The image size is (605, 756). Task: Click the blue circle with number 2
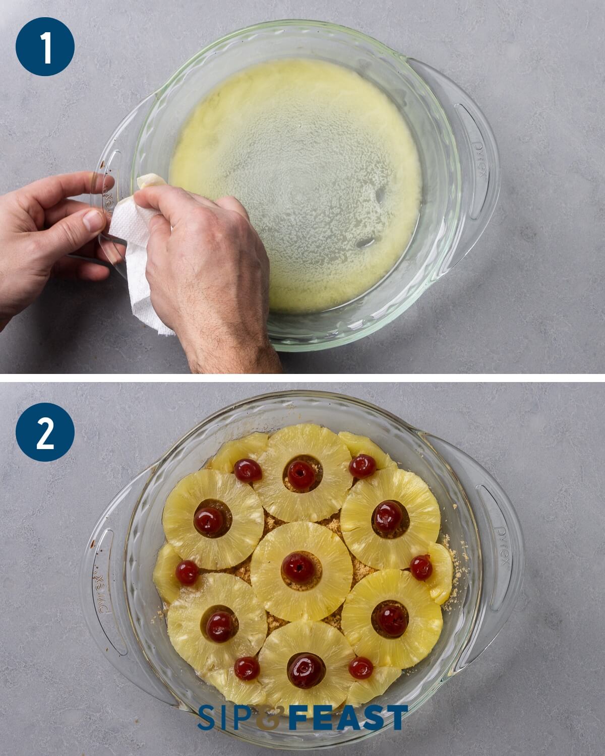(x=45, y=434)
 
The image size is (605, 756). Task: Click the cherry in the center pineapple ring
(x=298, y=565)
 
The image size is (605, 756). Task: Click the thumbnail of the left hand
(x=93, y=220)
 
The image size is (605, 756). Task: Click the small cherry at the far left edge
(x=187, y=572)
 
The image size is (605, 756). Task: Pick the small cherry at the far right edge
(x=421, y=568)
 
